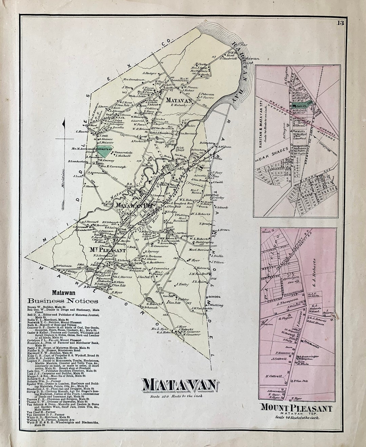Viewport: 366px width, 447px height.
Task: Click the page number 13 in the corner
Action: [x=341, y=23]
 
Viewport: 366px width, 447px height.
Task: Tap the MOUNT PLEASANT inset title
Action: [x=296, y=408]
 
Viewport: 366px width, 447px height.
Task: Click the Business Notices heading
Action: [x=63, y=301]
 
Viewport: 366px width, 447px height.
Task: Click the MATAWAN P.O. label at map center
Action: [x=134, y=205]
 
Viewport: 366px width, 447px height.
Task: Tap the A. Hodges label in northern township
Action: [x=149, y=73]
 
